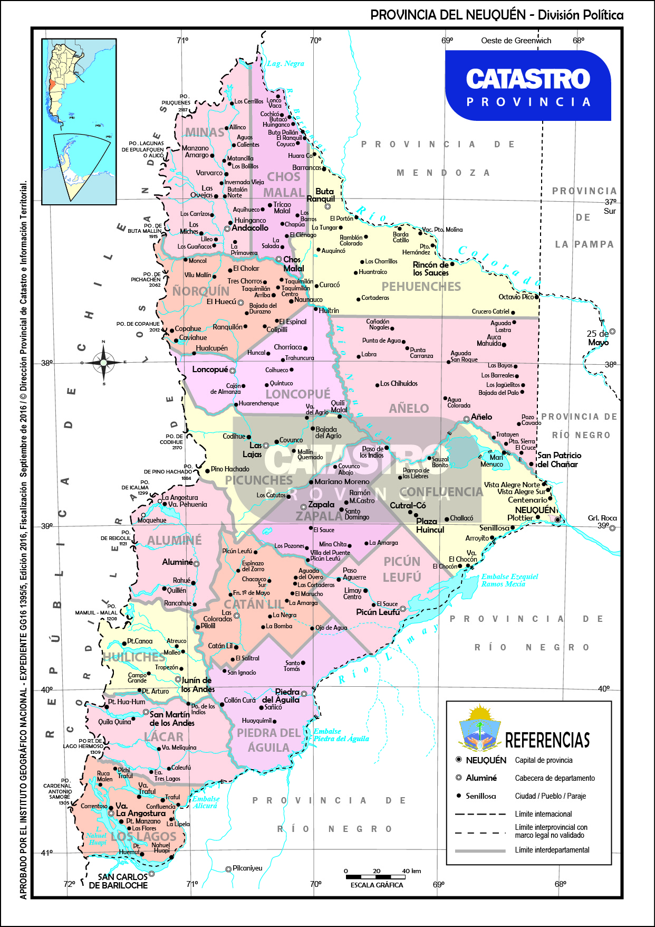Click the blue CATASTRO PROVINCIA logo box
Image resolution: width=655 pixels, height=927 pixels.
click(x=528, y=86)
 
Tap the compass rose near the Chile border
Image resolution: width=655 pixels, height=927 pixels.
click(x=103, y=362)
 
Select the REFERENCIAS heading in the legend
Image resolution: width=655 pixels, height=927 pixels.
click(x=547, y=740)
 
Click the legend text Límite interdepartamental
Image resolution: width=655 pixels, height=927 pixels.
click(x=552, y=850)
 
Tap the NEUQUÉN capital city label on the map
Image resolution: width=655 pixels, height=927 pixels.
click(x=535, y=510)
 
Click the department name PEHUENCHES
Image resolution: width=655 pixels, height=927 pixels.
click(x=421, y=287)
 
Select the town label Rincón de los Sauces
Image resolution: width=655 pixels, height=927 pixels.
click(x=430, y=269)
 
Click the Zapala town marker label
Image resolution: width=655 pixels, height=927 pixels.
click(x=321, y=505)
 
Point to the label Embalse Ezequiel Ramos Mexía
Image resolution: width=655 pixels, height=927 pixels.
click(x=509, y=580)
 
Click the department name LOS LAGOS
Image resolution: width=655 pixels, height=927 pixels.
click(x=143, y=837)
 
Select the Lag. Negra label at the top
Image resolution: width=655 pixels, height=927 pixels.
click(x=285, y=64)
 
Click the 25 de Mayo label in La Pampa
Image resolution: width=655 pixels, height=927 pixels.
click(x=598, y=338)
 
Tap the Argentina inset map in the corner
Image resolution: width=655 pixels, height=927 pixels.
click(x=79, y=121)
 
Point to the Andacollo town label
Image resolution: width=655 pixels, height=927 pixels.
click(x=250, y=228)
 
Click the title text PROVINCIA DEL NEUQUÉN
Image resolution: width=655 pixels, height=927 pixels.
click(x=448, y=15)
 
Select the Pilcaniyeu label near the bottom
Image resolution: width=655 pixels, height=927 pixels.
click(x=247, y=868)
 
